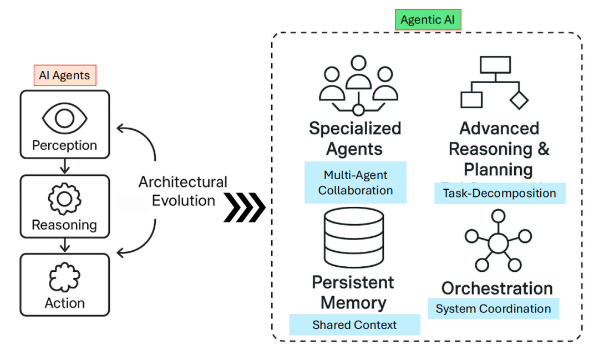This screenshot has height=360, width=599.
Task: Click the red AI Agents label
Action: [65, 75]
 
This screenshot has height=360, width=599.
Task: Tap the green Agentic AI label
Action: [428, 20]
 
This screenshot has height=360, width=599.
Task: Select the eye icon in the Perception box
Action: [65, 117]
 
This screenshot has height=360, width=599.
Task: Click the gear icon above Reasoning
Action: [65, 198]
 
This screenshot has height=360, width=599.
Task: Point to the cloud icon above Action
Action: [65, 277]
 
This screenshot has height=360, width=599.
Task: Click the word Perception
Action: [65, 145]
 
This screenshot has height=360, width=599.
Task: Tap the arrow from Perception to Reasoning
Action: [65, 165]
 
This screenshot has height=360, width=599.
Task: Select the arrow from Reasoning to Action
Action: [65, 245]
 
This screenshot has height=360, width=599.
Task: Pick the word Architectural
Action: [183, 182]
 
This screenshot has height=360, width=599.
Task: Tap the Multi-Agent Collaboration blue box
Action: [356, 182]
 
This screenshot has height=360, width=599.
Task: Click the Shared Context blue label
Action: [354, 324]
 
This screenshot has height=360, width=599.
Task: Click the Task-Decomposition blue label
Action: [499, 193]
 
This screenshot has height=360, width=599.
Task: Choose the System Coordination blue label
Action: [493, 308]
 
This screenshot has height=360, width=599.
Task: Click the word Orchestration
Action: [497, 288]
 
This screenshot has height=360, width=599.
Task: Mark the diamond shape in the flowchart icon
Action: [519, 100]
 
